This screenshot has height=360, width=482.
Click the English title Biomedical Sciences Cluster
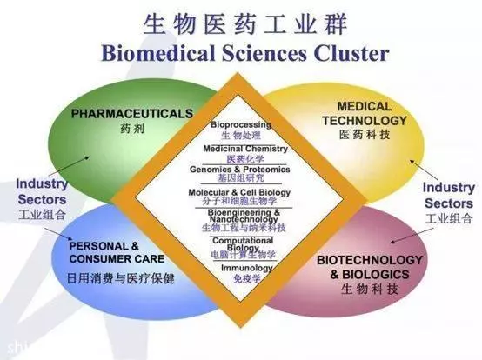click(245, 53)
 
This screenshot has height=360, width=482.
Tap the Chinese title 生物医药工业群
click(245, 24)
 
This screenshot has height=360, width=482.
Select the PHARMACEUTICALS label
click(132, 114)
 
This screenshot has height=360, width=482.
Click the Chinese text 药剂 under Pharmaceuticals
click(132, 129)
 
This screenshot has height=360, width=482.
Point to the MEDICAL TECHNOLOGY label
click(365, 114)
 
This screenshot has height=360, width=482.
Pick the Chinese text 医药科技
click(365, 135)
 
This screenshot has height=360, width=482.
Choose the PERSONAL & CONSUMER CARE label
click(117, 252)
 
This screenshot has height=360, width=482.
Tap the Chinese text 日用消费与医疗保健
click(121, 278)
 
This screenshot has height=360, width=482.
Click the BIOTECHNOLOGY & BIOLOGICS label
click(370, 267)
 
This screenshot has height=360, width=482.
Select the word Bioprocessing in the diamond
click(241, 124)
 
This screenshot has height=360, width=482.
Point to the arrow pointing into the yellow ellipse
click(425, 170)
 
